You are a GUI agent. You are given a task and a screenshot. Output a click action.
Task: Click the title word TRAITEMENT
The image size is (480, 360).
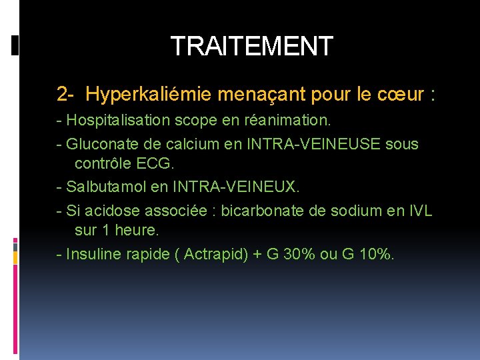[251, 46]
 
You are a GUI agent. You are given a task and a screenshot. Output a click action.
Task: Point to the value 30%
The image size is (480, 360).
[301, 255]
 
